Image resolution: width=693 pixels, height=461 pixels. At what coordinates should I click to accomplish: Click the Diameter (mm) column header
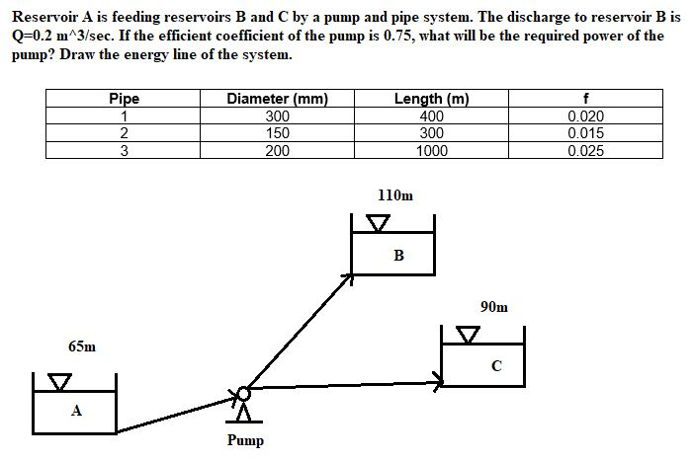click(x=277, y=99)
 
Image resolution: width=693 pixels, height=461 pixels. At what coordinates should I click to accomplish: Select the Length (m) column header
click(x=431, y=99)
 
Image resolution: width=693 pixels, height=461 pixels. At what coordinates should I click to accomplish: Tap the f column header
click(x=587, y=99)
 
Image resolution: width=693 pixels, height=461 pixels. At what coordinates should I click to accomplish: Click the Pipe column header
click(x=124, y=99)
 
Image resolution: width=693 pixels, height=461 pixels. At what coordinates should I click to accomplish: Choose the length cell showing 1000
click(x=431, y=151)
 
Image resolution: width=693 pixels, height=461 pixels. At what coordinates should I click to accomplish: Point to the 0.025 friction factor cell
click(x=587, y=151)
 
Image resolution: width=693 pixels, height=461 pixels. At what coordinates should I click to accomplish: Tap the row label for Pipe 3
click(x=124, y=151)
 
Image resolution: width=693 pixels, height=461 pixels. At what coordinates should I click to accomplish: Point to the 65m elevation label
click(x=82, y=346)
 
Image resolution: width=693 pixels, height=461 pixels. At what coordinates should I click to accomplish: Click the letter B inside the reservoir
click(x=398, y=256)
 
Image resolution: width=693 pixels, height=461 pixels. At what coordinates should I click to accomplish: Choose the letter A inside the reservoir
click(x=75, y=412)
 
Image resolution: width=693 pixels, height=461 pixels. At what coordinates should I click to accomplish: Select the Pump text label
click(x=245, y=440)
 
